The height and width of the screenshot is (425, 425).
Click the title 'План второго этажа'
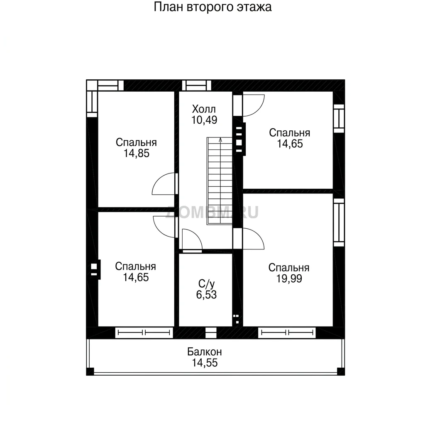212,7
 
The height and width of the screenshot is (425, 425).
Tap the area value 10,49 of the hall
204,120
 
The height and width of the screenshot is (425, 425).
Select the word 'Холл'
204,109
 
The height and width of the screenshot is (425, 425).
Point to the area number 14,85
136,154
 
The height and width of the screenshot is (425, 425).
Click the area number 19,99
289,278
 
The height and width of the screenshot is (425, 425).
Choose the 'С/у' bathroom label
207,284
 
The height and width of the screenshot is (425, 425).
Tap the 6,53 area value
206,295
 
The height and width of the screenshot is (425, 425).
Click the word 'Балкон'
204,352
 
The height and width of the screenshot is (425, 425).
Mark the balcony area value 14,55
205,363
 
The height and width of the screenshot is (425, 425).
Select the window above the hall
196,85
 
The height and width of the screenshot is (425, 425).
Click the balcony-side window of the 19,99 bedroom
287,332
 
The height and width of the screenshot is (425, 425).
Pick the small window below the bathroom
211,332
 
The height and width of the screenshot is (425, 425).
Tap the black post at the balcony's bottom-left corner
90,371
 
